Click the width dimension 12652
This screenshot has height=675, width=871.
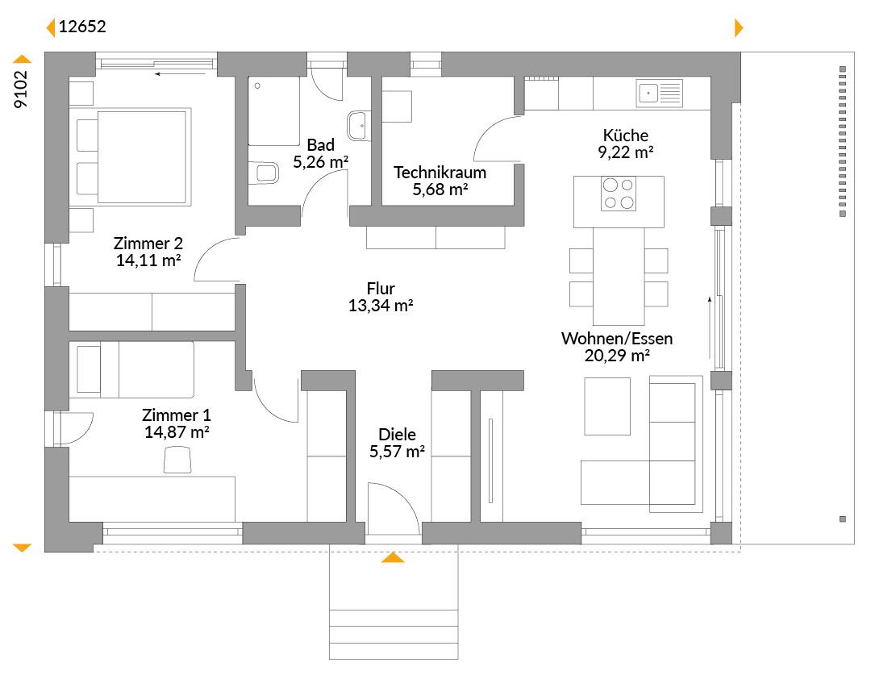coord(82,27)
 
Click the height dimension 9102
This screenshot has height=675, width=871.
coord(20,89)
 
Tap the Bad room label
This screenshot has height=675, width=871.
coord(320,145)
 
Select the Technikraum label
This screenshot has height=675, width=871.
coord(440,173)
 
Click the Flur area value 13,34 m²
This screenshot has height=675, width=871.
coord(381,306)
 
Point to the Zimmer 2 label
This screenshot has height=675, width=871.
coord(148,244)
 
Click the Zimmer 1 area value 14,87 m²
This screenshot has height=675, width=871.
coord(177,432)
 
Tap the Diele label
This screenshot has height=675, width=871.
coord(397,435)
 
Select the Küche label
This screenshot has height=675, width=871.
coord(626,135)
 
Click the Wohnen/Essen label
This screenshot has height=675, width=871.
coord(617,339)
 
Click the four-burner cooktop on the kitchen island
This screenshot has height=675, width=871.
coord(619,194)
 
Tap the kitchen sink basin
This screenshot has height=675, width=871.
coord(648,93)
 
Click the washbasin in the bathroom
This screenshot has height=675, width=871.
coord(357,126)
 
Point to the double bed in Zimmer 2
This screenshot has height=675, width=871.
coord(133,157)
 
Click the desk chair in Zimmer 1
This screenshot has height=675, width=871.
coord(177,460)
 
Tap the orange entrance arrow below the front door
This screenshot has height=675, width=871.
coord(393,557)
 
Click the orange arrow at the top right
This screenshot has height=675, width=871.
coord(739,27)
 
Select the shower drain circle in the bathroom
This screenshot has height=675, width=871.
coord(257,86)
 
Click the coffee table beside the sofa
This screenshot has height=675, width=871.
coord(607,406)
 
